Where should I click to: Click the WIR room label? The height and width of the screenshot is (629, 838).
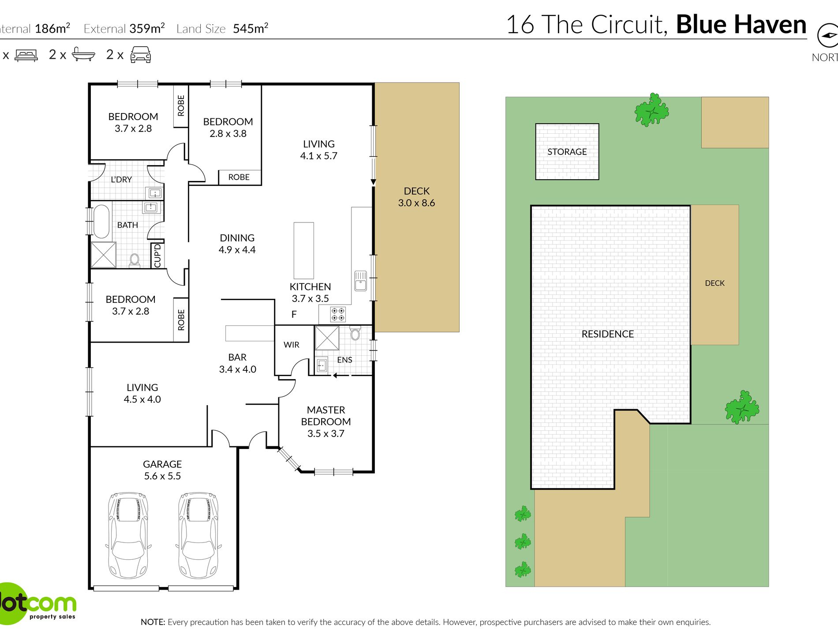click(291, 345)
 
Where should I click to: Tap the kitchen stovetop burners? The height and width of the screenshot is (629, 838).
click(338, 314)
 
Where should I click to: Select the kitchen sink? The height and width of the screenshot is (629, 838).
click(360, 281)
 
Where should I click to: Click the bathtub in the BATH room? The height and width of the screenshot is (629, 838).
click(101, 221)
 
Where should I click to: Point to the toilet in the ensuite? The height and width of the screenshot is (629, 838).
click(355, 333)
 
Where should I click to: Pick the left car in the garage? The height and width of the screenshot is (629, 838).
click(128, 535)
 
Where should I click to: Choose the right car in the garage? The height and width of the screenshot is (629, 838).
click(198, 535)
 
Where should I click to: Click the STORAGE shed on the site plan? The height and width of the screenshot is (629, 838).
click(567, 151)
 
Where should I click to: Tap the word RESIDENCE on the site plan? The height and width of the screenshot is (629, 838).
click(607, 334)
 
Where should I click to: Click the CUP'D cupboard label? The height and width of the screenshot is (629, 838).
click(157, 256)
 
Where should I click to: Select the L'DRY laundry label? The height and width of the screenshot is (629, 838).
click(121, 179)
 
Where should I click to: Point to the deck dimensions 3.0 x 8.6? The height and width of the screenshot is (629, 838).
click(416, 203)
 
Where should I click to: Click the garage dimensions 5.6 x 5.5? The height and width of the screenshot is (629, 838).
click(162, 476)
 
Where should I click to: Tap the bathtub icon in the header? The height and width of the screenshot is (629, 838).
click(83, 54)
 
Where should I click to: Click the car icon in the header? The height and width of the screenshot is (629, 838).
click(141, 54)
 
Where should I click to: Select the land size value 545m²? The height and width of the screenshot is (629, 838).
click(251, 28)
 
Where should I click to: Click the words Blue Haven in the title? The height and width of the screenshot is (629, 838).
click(741, 24)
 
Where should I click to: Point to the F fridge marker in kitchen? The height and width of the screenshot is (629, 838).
click(294, 314)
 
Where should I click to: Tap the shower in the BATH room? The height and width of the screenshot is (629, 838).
click(104, 255)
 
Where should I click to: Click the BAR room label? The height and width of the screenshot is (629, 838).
click(237, 357)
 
